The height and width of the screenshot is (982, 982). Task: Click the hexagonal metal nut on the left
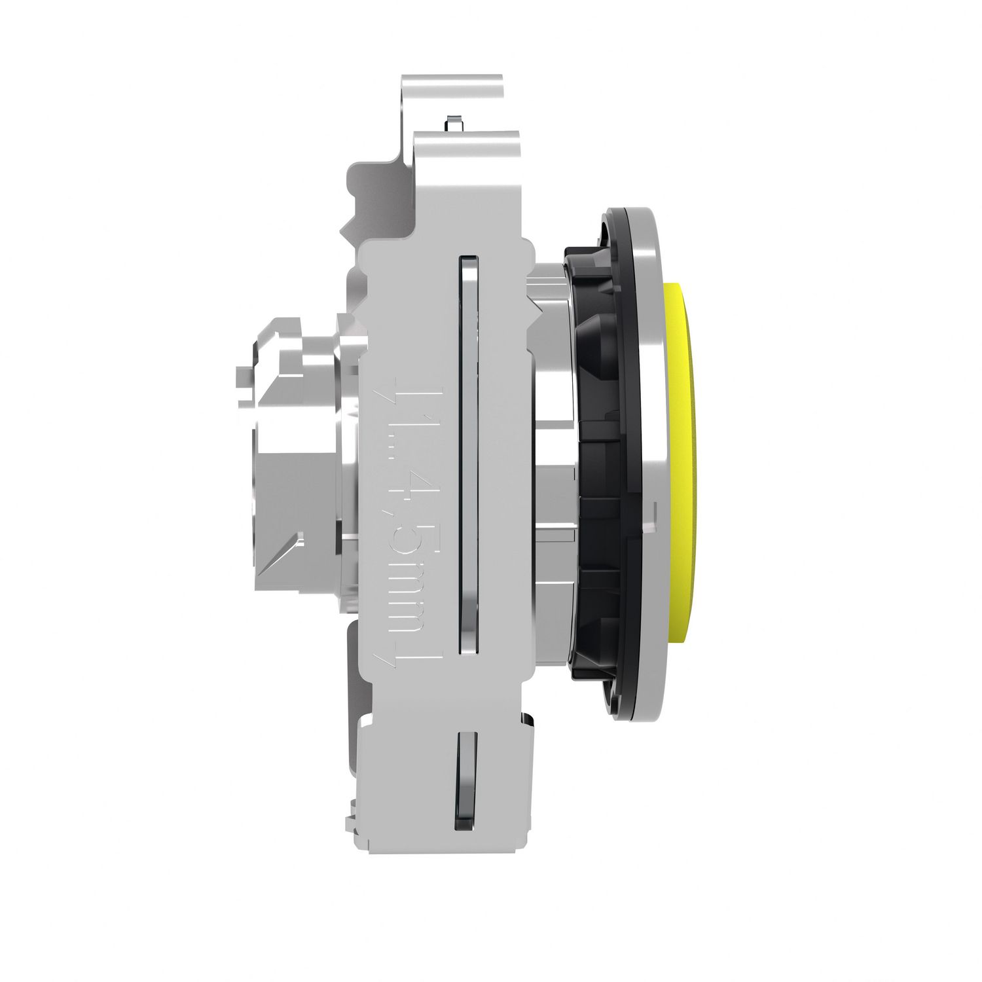[288, 445]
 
